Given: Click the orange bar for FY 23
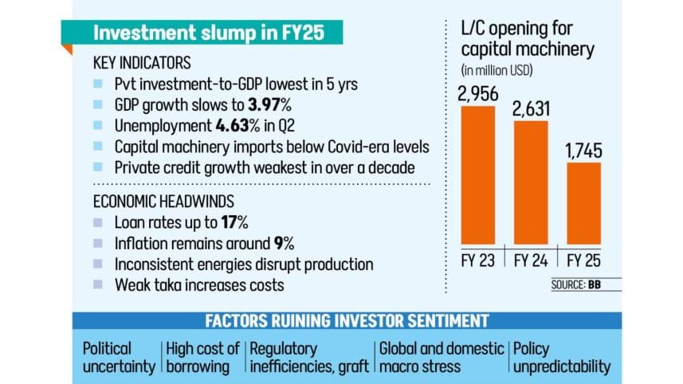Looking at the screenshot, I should [479, 176].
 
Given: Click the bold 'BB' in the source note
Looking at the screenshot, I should [595, 284].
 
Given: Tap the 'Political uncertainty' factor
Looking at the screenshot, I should [120, 357].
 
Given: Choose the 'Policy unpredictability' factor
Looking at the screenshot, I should [562, 357].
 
